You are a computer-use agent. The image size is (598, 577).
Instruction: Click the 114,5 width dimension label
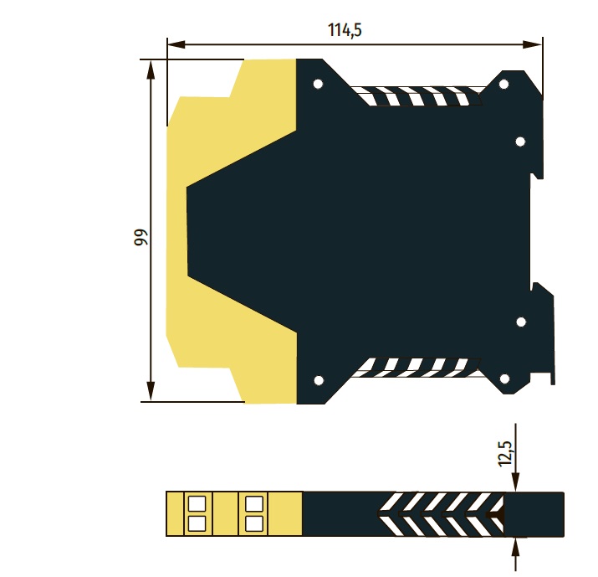[345, 30]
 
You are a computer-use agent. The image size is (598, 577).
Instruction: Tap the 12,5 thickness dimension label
[505, 453]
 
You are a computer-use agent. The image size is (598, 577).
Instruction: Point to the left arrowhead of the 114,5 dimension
[176, 44]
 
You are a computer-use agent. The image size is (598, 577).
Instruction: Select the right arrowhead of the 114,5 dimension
[533, 44]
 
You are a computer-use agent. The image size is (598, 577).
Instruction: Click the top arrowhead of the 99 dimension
[151, 70]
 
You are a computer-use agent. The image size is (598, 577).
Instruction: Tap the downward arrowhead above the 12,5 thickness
[516, 482]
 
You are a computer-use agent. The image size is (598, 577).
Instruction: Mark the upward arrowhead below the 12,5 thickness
[516, 548]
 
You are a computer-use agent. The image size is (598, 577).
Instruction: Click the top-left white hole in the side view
[318, 84]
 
